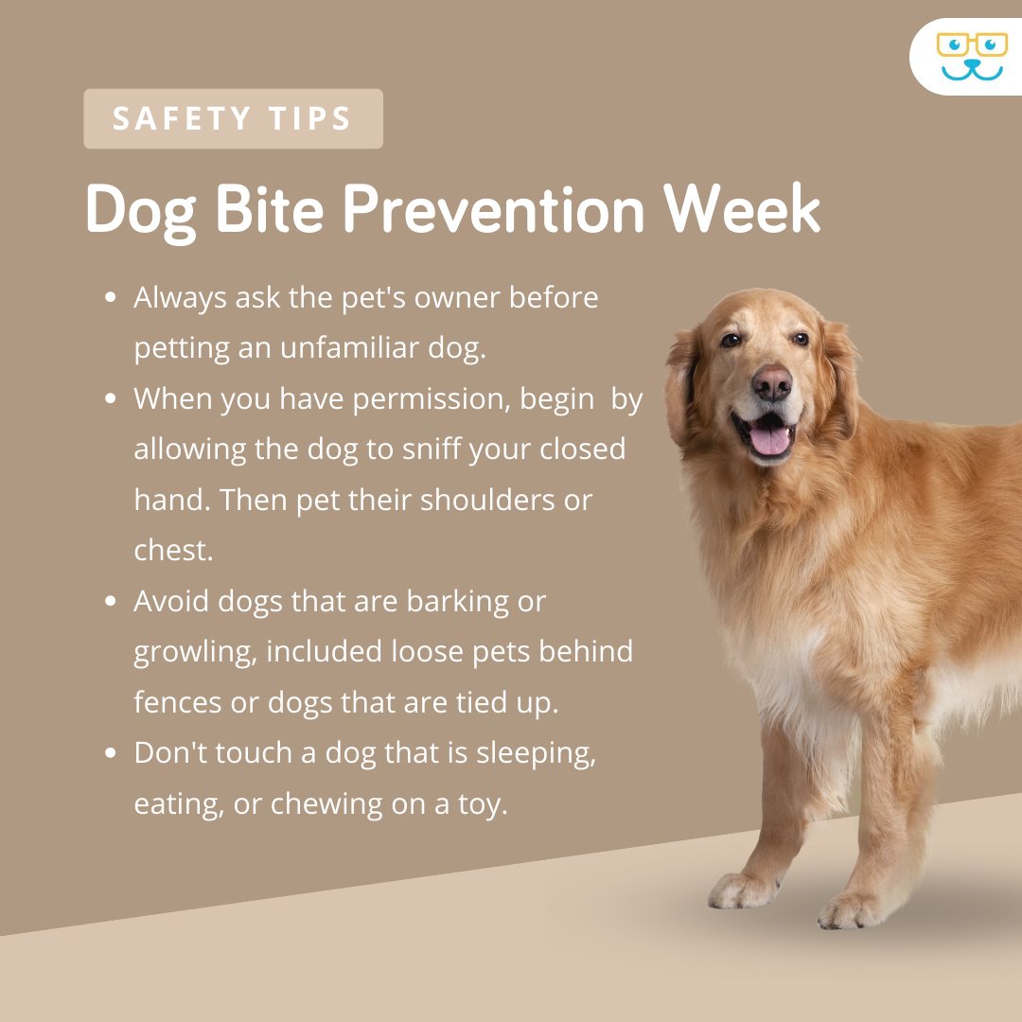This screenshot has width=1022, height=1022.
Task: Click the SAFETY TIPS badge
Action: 233,119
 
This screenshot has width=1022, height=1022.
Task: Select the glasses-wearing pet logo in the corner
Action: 971,56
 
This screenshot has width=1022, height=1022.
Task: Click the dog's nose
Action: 772,381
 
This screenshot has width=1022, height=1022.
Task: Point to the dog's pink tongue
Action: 769,437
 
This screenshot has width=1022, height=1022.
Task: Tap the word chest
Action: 173,550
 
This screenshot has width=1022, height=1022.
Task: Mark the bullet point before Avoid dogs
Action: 112,601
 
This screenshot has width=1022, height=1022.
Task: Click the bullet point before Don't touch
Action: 112,753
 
